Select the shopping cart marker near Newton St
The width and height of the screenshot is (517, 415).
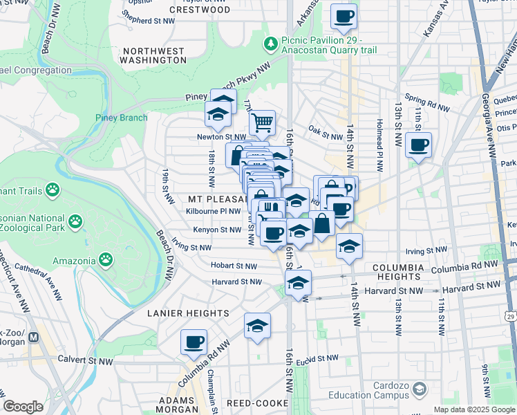coord(262,123)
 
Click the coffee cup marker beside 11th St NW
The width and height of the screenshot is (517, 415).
coord(418,146)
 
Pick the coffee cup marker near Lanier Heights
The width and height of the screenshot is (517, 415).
coord(194,341)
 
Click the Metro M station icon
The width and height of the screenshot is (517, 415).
coord(34,338)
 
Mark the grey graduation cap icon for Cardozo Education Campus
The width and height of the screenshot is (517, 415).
coord(420,391)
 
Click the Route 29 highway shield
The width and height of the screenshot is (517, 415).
coord(510,315)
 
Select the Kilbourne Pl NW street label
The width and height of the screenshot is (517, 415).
coord(214,211)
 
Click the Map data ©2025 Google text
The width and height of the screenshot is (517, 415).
coord(474,409)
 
